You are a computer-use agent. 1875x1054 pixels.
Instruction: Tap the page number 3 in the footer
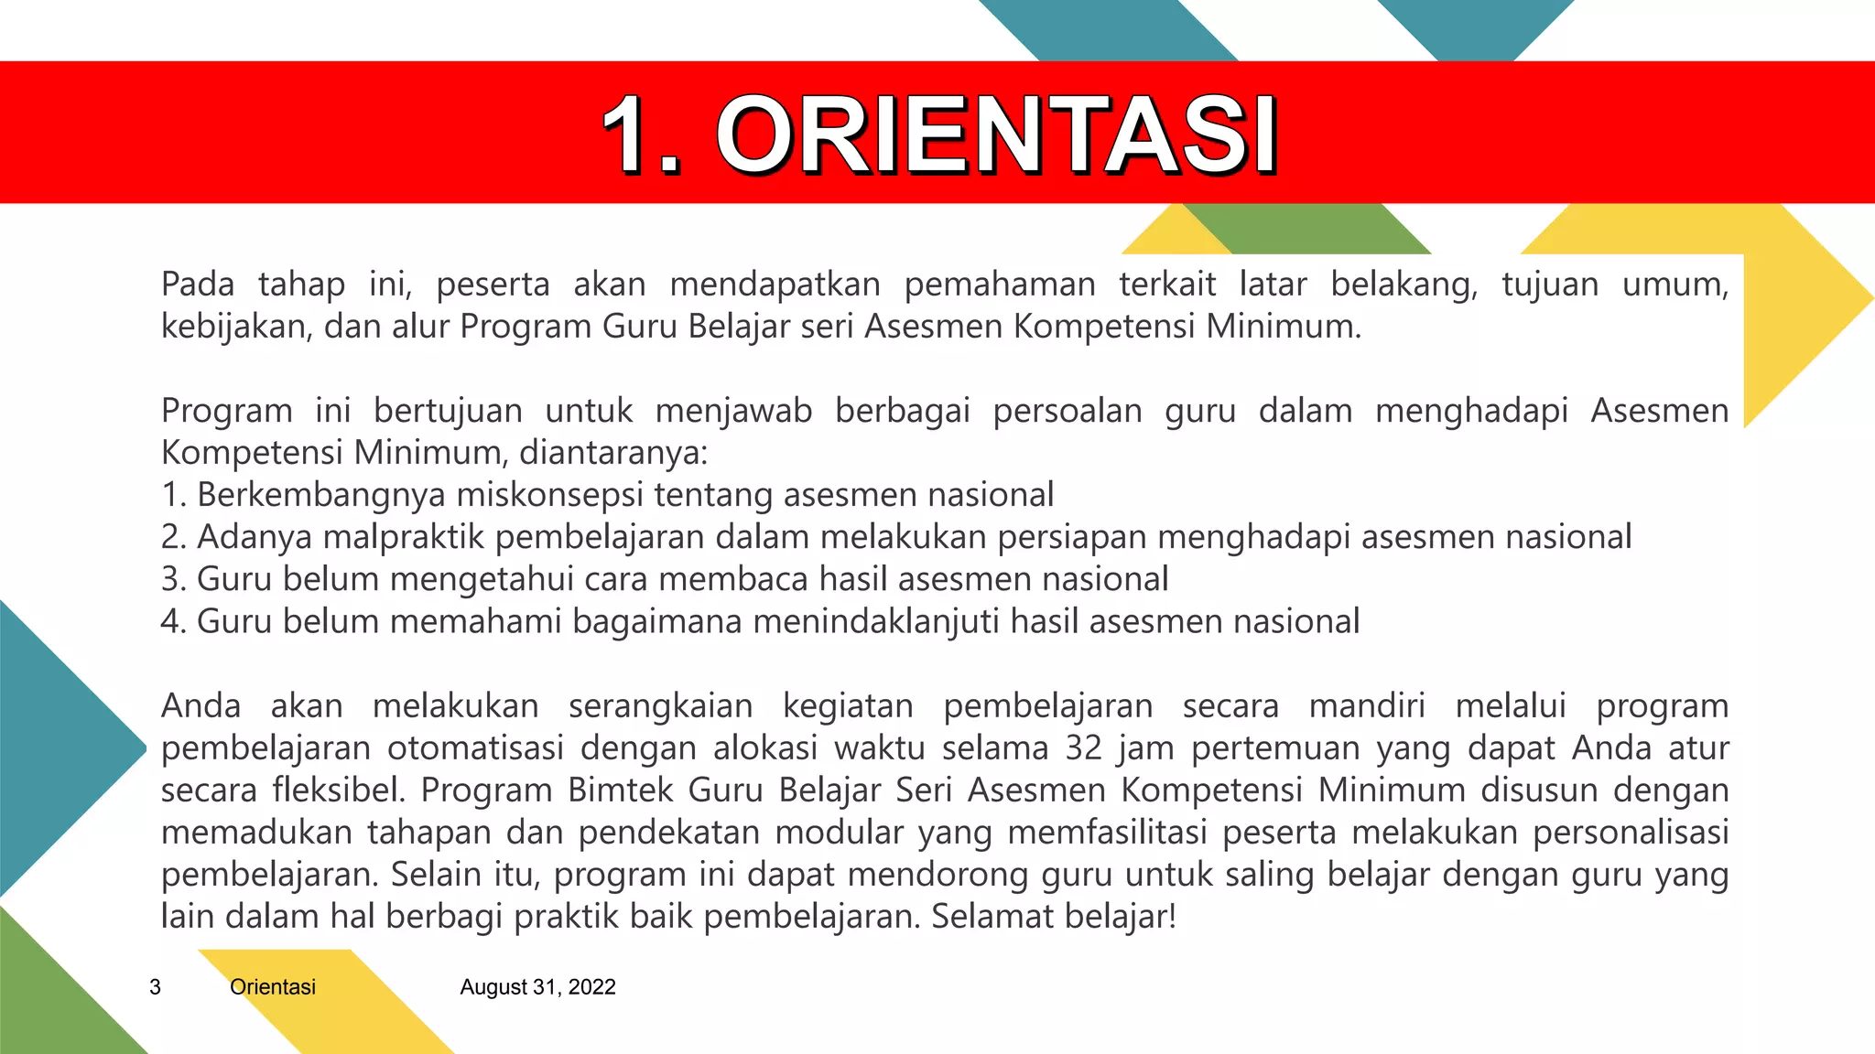pyautogui.click(x=155, y=987)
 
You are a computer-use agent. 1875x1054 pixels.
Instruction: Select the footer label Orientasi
pyautogui.click(x=273, y=987)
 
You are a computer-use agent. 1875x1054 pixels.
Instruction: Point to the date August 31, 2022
pyautogui.click(x=537, y=987)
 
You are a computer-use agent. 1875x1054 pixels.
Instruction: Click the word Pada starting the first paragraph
pyautogui.click(x=197, y=285)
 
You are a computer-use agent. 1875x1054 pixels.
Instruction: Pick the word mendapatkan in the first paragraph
pyautogui.click(x=775, y=285)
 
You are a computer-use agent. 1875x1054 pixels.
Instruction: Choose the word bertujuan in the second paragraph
pyautogui.click(x=448, y=411)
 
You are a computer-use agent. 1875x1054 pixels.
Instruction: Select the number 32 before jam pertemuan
pyautogui.click(x=1084, y=748)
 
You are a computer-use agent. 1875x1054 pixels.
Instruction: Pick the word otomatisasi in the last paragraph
pyautogui.click(x=475, y=748)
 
